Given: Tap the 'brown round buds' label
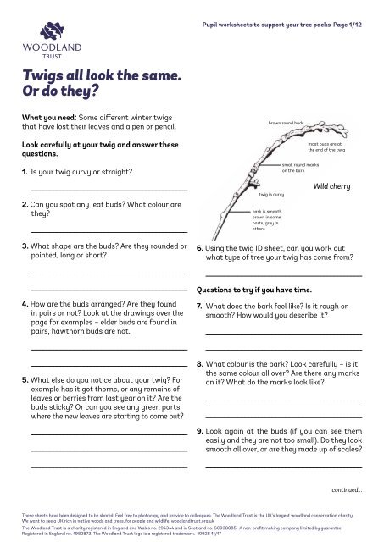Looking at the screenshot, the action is pyautogui.click(x=286, y=123).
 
